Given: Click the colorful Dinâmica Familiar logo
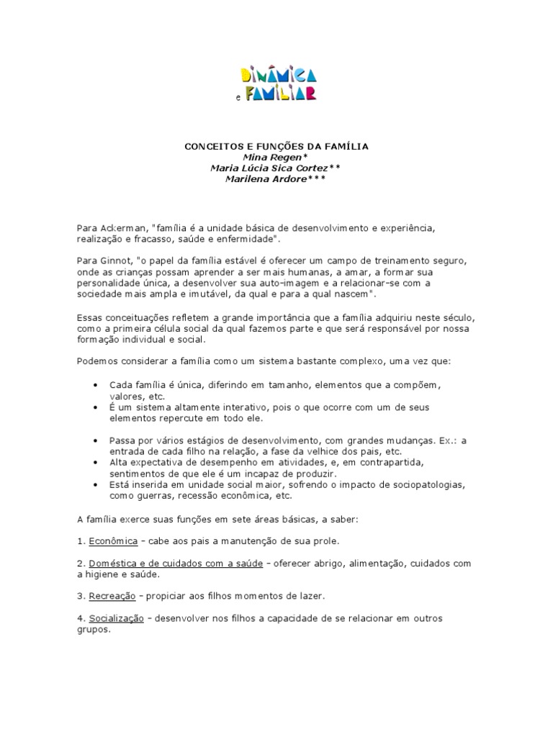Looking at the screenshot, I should pyautogui.click(x=276, y=82).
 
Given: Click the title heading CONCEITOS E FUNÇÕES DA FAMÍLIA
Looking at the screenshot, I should pyautogui.click(x=276, y=146).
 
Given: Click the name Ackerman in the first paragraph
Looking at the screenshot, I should pyautogui.click(x=122, y=227).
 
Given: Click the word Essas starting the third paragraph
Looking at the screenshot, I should pyautogui.click(x=91, y=318).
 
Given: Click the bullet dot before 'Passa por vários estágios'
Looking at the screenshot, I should pyautogui.click(x=96, y=438).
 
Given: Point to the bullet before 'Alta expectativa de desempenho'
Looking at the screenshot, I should pyautogui.click(x=96, y=462).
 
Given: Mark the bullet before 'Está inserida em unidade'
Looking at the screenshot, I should pyautogui.click(x=96, y=485).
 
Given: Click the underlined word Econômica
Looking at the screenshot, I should pyautogui.click(x=113, y=541).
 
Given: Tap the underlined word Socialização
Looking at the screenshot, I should pyautogui.click(x=117, y=619).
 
